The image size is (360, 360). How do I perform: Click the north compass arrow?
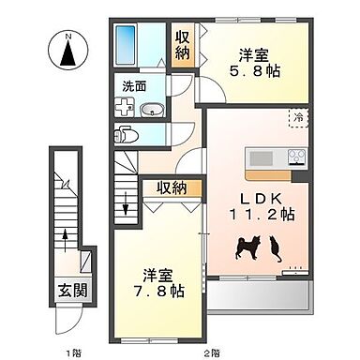67,53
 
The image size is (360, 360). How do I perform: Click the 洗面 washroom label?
133,86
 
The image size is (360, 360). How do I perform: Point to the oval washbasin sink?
151,110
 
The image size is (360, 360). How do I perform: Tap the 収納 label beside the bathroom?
182,44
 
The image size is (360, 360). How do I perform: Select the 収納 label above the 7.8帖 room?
172,187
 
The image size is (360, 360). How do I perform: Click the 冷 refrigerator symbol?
297,119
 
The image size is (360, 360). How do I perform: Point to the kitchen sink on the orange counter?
263,157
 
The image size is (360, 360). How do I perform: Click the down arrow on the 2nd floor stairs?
127,197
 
